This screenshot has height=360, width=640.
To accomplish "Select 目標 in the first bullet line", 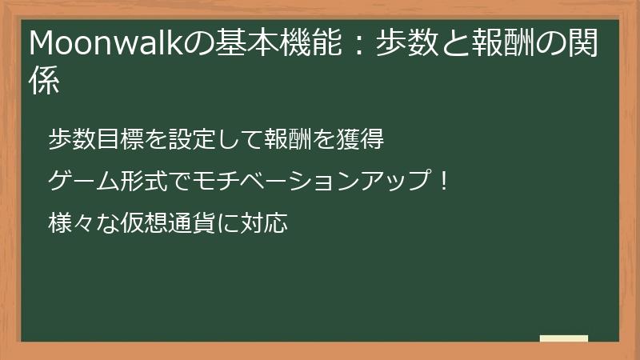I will (116, 141).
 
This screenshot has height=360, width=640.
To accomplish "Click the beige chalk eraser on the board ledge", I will (564, 338).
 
